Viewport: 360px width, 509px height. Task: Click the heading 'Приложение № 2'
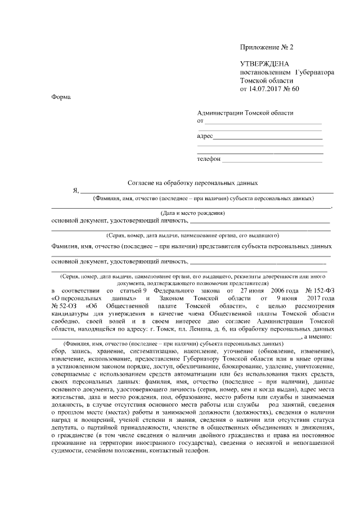(266, 47)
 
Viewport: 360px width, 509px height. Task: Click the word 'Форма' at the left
(61, 97)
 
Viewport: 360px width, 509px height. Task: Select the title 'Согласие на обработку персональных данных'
(192, 183)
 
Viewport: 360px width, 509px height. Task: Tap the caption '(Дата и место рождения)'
(192, 213)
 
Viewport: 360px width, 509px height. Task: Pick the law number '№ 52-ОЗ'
(61, 304)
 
